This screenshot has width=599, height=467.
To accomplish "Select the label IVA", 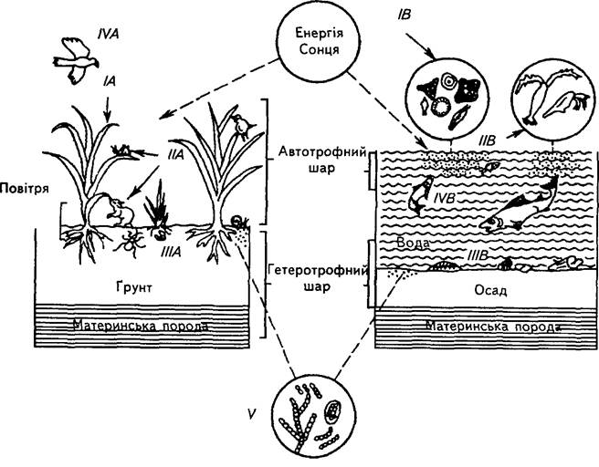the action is [x=109, y=34].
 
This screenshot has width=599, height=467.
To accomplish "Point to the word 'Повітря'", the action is [x=25, y=189].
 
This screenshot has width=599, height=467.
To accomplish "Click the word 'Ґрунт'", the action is [x=133, y=286].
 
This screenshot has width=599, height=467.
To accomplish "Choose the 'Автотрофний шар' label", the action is [x=322, y=160].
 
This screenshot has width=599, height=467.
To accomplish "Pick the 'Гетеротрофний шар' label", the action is [x=317, y=278].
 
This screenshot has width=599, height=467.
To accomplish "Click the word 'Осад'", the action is [x=490, y=291].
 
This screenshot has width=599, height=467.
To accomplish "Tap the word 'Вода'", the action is [x=414, y=244].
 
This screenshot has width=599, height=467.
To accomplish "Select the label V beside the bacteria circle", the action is [x=251, y=414].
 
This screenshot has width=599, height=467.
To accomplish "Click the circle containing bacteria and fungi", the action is [x=311, y=417].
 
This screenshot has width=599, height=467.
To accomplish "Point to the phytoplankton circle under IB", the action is [x=448, y=99].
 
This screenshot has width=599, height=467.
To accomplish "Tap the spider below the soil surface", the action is [x=130, y=244].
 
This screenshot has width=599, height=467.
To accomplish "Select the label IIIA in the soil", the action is [x=171, y=252].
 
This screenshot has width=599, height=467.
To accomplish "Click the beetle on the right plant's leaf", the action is [x=242, y=125].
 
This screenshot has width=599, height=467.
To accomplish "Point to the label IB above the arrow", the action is [x=404, y=15].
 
